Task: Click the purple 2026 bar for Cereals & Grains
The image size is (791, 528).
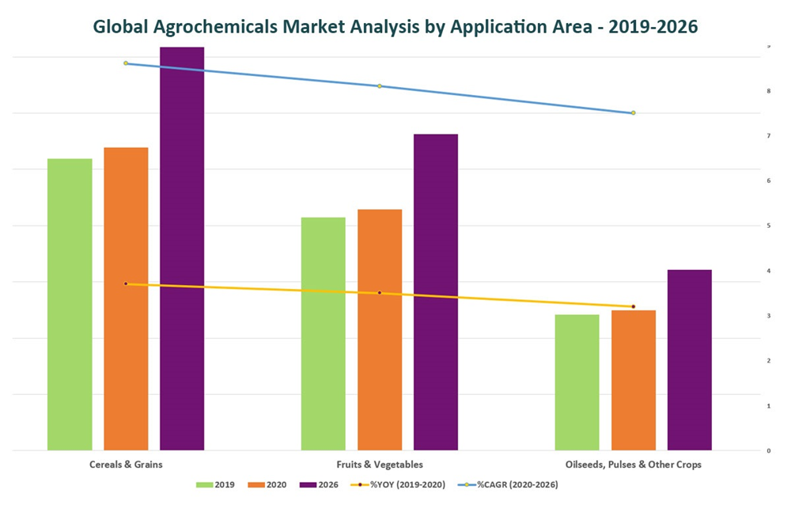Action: tap(182, 249)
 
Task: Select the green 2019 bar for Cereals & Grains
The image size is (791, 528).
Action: tap(70, 305)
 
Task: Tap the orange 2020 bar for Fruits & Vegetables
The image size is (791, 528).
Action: tap(380, 330)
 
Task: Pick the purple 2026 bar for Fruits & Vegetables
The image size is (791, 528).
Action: tap(436, 292)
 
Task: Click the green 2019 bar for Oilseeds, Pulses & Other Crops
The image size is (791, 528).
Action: tap(577, 382)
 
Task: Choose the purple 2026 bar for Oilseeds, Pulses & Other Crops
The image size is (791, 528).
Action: tap(690, 360)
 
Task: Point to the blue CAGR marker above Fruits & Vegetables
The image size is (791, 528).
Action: tap(380, 85)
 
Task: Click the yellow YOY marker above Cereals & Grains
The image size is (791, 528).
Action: tap(126, 283)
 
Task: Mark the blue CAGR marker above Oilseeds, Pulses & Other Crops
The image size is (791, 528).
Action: tap(634, 112)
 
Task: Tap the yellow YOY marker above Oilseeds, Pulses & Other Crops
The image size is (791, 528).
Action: tap(634, 306)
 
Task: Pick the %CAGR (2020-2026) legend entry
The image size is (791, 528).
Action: tap(513, 484)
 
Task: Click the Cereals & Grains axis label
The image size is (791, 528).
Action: tap(126, 465)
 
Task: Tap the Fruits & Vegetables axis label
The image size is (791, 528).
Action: tap(380, 465)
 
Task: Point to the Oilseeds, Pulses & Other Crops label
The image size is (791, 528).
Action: tap(634, 465)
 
